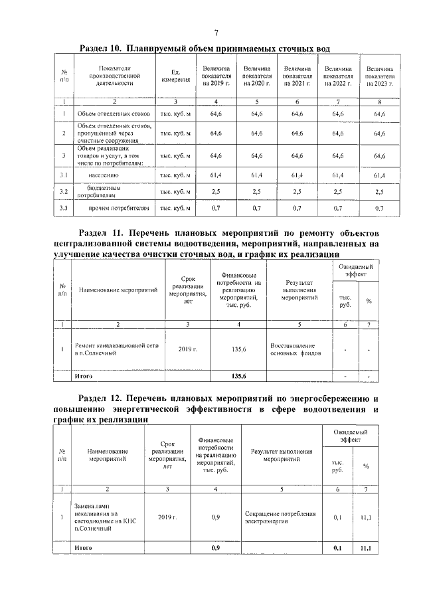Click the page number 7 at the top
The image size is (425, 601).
pyautogui.click(x=216, y=34)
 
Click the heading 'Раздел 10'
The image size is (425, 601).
pyautogui.click(x=103, y=49)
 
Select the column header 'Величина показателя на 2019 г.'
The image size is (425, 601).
pyautogui.click(x=216, y=76)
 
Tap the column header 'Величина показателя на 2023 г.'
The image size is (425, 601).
pyautogui.click(x=379, y=76)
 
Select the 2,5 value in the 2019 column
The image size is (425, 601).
pyautogui.click(x=216, y=192)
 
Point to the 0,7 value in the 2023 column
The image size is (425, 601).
pyautogui.click(x=379, y=209)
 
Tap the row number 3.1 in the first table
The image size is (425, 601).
pyautogui.click(x=64, y=175)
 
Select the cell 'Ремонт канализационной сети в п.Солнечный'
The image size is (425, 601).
pyautogui.click(x=114, y=350)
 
